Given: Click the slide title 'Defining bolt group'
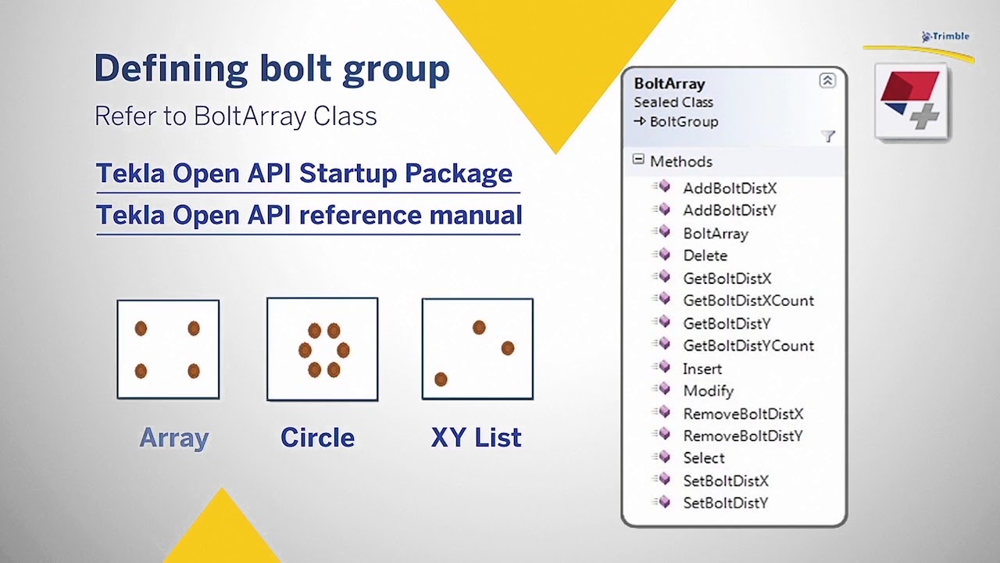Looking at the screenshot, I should pos(272,69).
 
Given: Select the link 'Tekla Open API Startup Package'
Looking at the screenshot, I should pos(304,174).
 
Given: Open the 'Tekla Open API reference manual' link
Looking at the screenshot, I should pos(309,215).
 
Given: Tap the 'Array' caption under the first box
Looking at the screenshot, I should pos(173,438).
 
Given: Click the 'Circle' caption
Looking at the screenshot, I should pos(317,438).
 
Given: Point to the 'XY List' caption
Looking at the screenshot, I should pos(476,438).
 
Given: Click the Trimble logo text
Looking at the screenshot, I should pos(949,36).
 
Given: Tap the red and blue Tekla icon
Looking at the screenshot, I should pos(911,102).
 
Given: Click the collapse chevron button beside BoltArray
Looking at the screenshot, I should pos(827,81).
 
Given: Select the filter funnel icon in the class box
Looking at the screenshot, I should pos(828,137).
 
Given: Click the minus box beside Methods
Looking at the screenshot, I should pos(638,160).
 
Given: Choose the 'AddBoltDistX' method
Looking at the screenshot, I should pos(730,188).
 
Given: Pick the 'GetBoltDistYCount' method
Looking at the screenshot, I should pos(748,346).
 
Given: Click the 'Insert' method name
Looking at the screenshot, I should pos(702,368).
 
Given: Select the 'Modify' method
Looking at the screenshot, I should pos(708,391).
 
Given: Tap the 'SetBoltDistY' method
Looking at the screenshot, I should pos(725,503).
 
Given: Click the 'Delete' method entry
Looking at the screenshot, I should pos(705,256).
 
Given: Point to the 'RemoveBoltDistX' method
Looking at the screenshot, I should pos(743,414).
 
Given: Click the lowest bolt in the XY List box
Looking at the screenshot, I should pos(441,379).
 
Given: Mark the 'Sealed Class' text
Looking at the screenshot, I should pos(673,102).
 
